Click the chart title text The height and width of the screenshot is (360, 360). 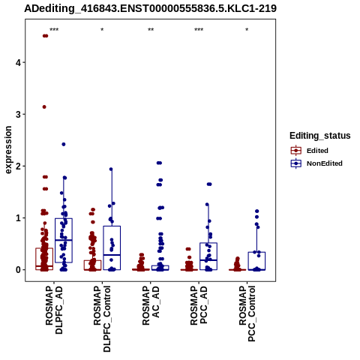[150, 8]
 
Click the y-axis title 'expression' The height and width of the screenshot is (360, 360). [8, 150]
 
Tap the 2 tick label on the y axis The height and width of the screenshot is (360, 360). [18, 166]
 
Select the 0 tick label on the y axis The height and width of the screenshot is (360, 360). [18, 270]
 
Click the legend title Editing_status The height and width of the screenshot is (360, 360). [320, 136]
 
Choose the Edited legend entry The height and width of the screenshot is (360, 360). [317, 151]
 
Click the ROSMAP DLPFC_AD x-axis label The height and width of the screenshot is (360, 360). [54, 310]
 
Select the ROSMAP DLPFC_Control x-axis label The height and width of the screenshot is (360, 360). [102, 319]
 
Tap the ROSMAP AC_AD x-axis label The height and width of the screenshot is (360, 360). [151, 305]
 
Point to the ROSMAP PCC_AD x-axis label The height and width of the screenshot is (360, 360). [199, 305]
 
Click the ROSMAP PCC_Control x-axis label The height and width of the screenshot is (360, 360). [247, 313]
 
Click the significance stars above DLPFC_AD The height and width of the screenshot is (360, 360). [54, 30]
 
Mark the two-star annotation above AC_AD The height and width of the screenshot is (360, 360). [151, 30]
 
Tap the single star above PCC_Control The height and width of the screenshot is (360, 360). [247, 30]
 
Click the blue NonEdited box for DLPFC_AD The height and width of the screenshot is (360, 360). [64, 218]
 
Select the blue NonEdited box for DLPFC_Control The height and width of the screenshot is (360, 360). [112, 226]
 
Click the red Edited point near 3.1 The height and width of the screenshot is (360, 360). [44, 107]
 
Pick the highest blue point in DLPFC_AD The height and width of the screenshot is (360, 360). [64, 144]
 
